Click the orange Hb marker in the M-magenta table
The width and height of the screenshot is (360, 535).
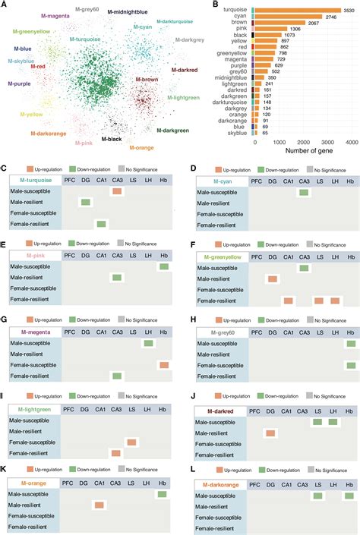coord(163,365)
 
